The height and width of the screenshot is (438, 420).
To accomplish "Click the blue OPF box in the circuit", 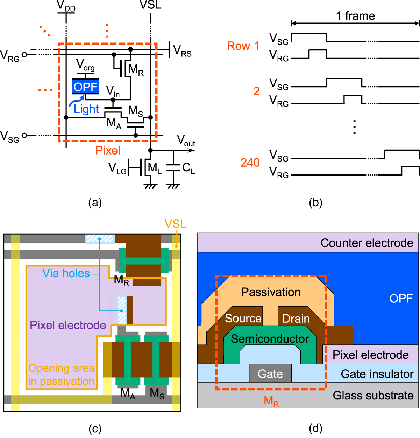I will pyautogui.click(x=85, y=87).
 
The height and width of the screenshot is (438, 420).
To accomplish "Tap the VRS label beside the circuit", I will pyautogui.click(x=182, y=51).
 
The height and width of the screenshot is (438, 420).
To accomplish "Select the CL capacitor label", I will pyautogui.click(x=188, y=169).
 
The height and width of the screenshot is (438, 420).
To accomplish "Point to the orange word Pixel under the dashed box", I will pyautogui.click(x=108, y=151).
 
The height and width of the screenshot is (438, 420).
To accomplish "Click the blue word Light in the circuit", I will pyautogui.click(x=86, y=109).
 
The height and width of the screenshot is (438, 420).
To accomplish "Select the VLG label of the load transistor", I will pyautogui.click(x=118, y=169).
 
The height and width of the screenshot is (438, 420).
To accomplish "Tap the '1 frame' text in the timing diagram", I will pyautogui.click(x=355, y=16).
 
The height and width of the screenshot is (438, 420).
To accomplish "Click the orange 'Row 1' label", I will pyautogui.click(x=243, y=46).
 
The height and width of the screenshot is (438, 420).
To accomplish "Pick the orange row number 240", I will pyautogui.click(x=250, y=163).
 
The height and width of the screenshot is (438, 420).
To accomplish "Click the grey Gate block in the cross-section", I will pyautogui.click(x=270, y=374).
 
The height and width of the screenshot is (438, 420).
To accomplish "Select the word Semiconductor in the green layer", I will pyautogui.click(x=270, y=339).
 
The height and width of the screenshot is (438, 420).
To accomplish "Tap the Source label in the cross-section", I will pyautogui.click(x=243, y=318).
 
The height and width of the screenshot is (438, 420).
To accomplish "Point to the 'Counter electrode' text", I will pyautogui.click(x=366, y=243).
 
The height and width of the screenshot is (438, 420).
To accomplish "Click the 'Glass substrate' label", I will pyautogui.click(x=373, y=395).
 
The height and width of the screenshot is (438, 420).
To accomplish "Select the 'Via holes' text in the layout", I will pyautogui.click(x=66, y=273).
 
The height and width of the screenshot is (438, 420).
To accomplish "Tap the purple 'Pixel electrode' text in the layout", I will pyautogui.click(x=68, y=325).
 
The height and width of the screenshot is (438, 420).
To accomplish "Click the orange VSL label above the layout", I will pyautogui.click(x=175, y=224).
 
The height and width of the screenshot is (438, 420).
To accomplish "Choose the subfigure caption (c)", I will pyautogui.click(x=95, y=429).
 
